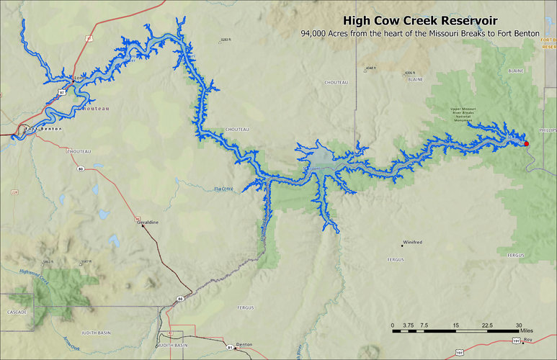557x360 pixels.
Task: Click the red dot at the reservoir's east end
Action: [x=526, y=144]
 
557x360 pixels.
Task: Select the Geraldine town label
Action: [x=148, y=223]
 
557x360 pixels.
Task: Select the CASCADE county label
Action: [x=17, y=312]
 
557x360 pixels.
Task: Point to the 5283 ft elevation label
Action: [x=228, y=40]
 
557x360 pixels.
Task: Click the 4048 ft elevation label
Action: [x=370, y=68]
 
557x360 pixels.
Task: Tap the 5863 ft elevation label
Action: [x=48, y=261]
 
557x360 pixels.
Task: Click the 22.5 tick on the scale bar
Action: [x=487, y=326]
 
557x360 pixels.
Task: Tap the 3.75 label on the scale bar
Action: [x=408, y=326]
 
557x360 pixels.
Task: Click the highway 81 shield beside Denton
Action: [x=231, y=348]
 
